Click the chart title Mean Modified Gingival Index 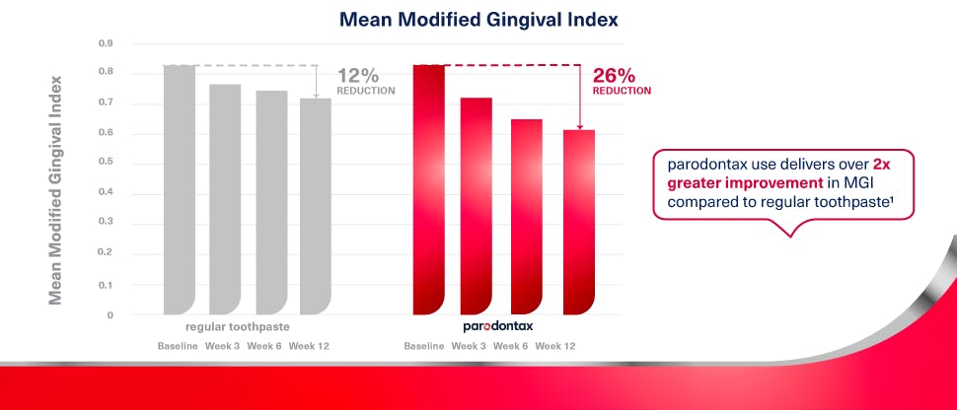[x=478, y=19]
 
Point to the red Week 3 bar [x=476, y=206]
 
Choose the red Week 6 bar [x=526, y=217]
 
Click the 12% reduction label [x=365, y=81]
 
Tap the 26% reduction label [x=621, y=81]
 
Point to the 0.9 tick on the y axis [x=106, y=43]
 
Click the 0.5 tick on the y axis [x=106, y=164]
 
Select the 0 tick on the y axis [x=110, y=315]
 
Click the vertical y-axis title [x=56, y=187]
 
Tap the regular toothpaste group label [x=237, y=326]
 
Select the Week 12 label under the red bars [x=555, y=347]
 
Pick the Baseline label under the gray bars [x=179, y=347]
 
